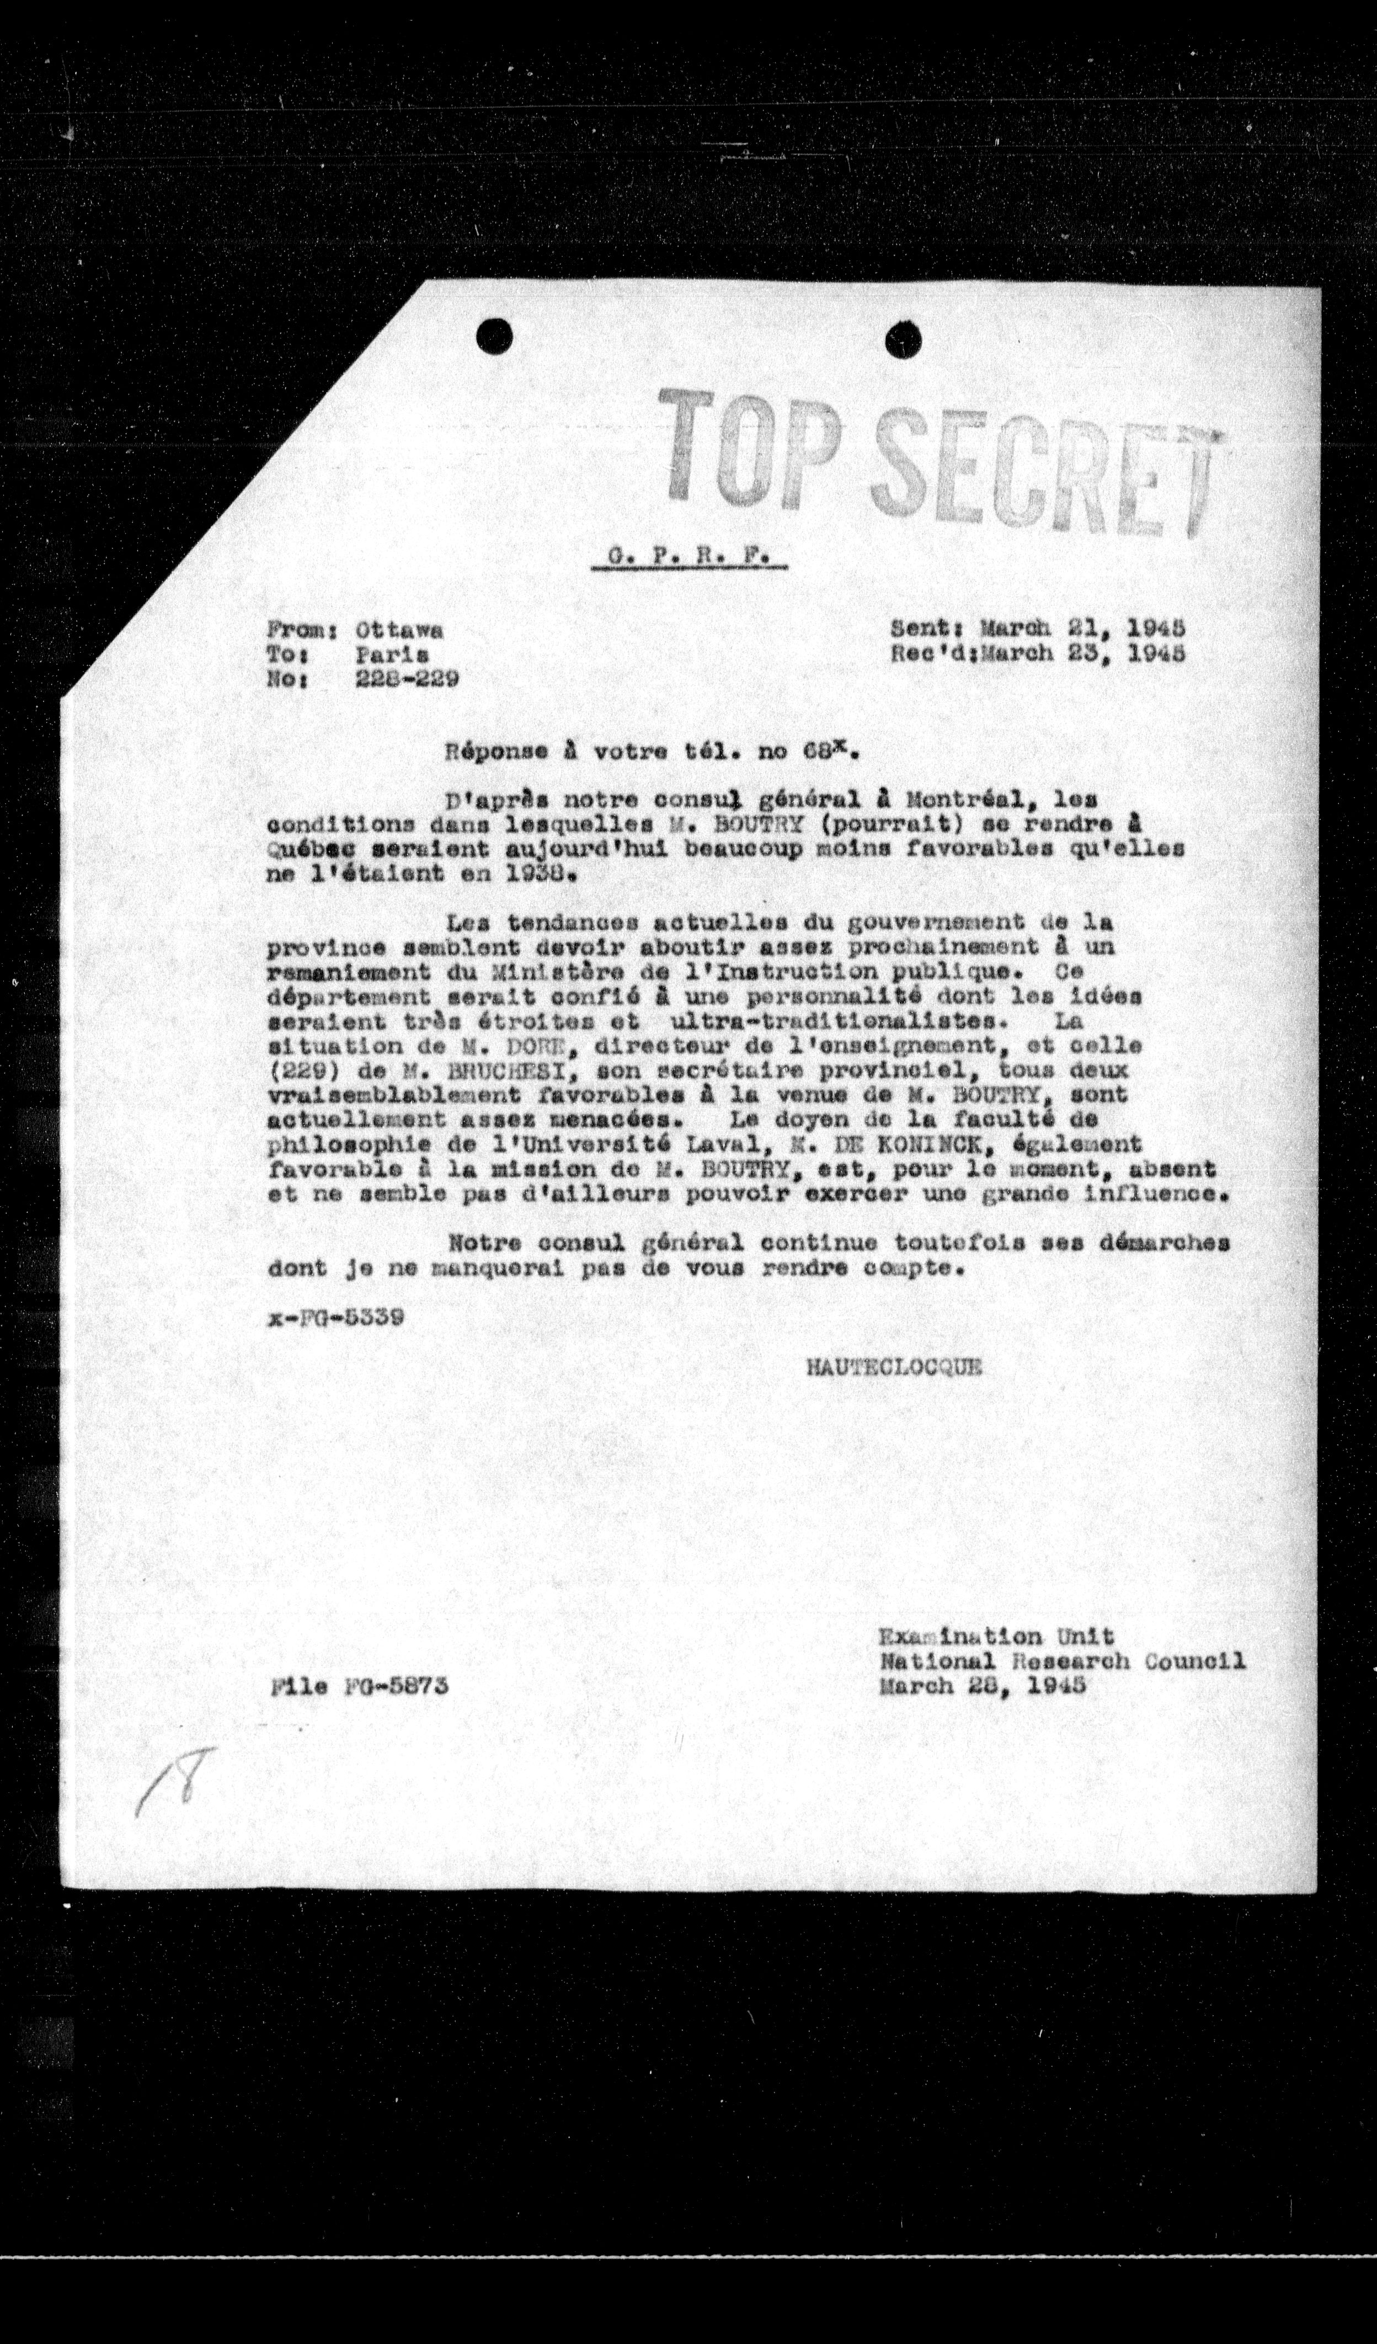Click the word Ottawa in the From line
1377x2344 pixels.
pyautogui.click(x=399, y=630)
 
